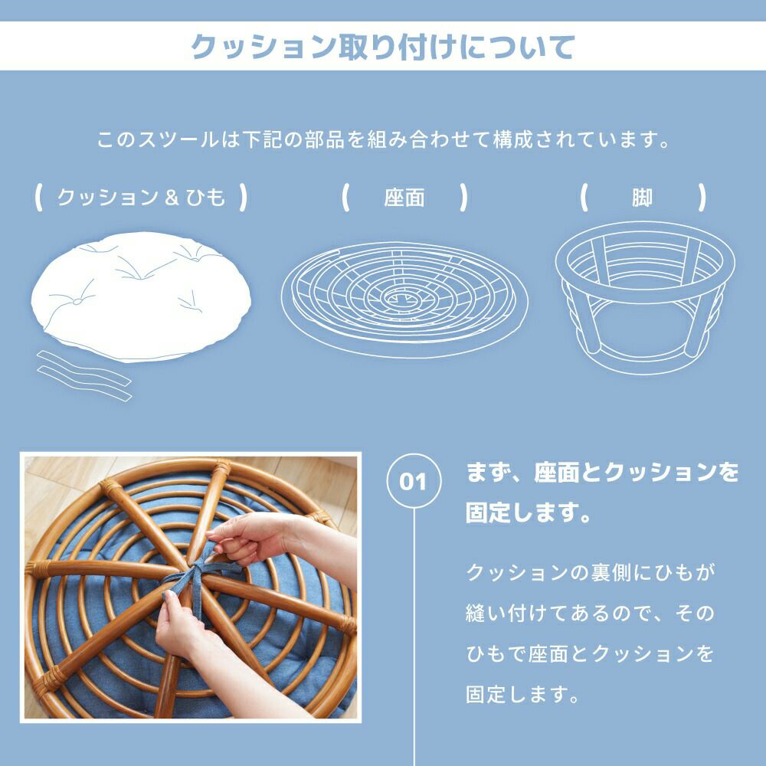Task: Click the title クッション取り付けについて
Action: pos(382,47)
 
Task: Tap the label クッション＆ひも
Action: pos(141,198)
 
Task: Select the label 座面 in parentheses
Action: pos(404,198)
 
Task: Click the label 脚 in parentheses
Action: pos(642,198)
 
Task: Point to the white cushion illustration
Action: pos(141,296)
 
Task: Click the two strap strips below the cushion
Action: pos(84,375)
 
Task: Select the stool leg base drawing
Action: pos(645,298)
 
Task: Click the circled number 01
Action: pos(414,481)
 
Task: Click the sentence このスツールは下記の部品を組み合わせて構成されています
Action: pos(383,139)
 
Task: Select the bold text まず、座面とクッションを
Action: pos(603,473)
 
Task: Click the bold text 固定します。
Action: pos(529,513)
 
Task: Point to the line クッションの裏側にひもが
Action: pos(591,572)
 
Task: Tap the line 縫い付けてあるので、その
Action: pos(591,613)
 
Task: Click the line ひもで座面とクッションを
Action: pos(591,653)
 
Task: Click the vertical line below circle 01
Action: pos(414,637)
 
